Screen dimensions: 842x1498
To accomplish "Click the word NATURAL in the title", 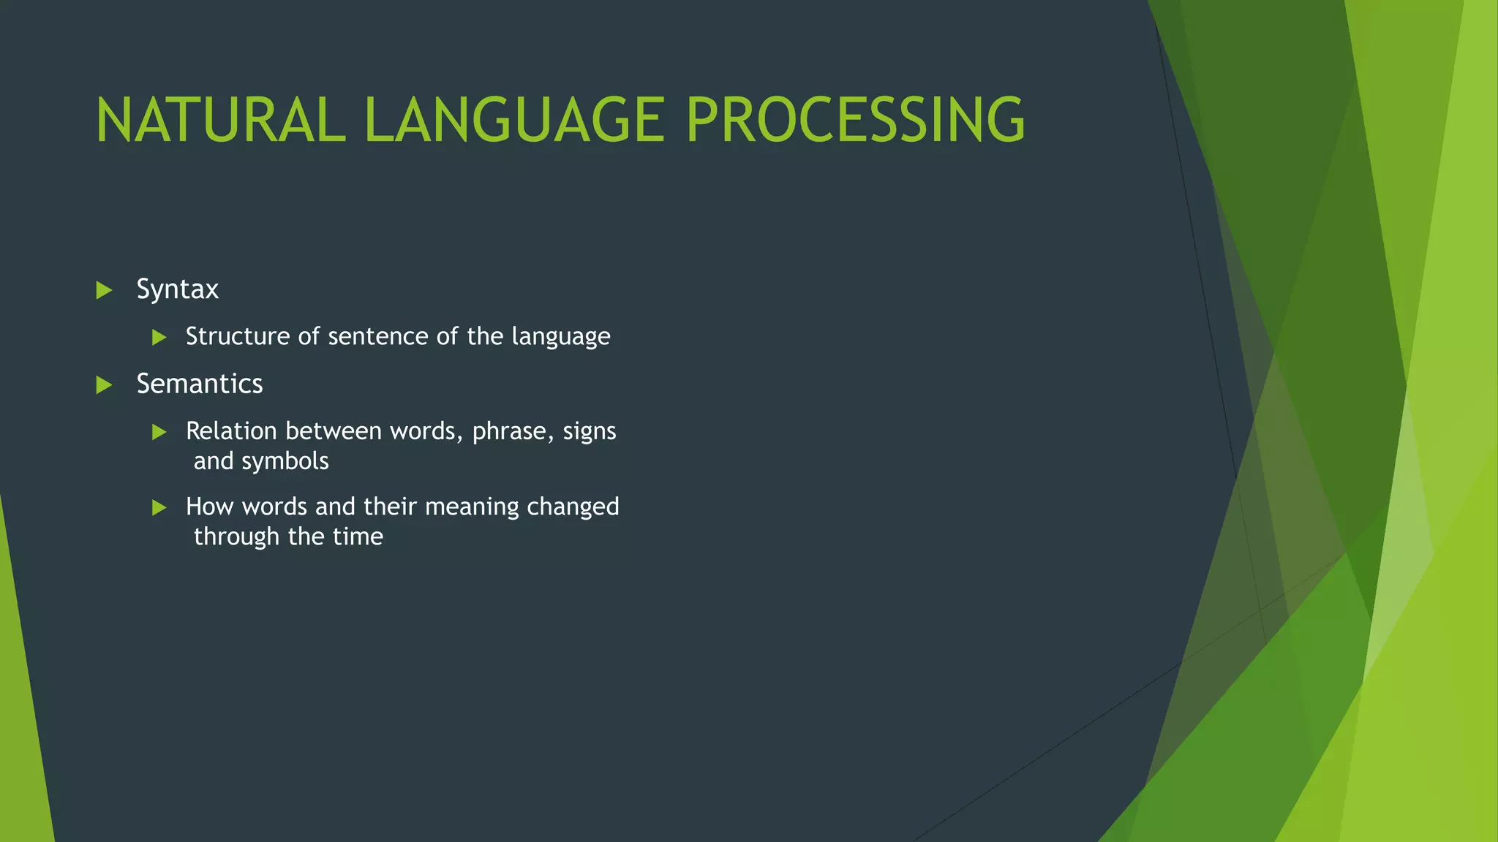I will point(219,121).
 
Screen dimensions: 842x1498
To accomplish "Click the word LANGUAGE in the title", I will point(514,121).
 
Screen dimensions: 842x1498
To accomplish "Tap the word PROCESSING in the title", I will point(855,121).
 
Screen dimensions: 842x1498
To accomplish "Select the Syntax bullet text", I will point(177,290).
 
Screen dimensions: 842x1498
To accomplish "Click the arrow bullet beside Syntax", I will point(104,291).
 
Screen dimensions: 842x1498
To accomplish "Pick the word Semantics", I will point(199,384).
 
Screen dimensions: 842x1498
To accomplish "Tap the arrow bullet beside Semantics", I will point(104,385).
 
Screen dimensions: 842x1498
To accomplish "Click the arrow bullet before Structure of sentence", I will point(159,338).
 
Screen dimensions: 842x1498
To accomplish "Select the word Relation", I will point(231,431).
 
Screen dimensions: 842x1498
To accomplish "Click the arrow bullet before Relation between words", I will point(159,433).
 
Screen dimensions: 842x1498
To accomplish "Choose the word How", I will point(209,507).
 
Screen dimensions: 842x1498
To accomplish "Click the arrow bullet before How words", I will point(159,508).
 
